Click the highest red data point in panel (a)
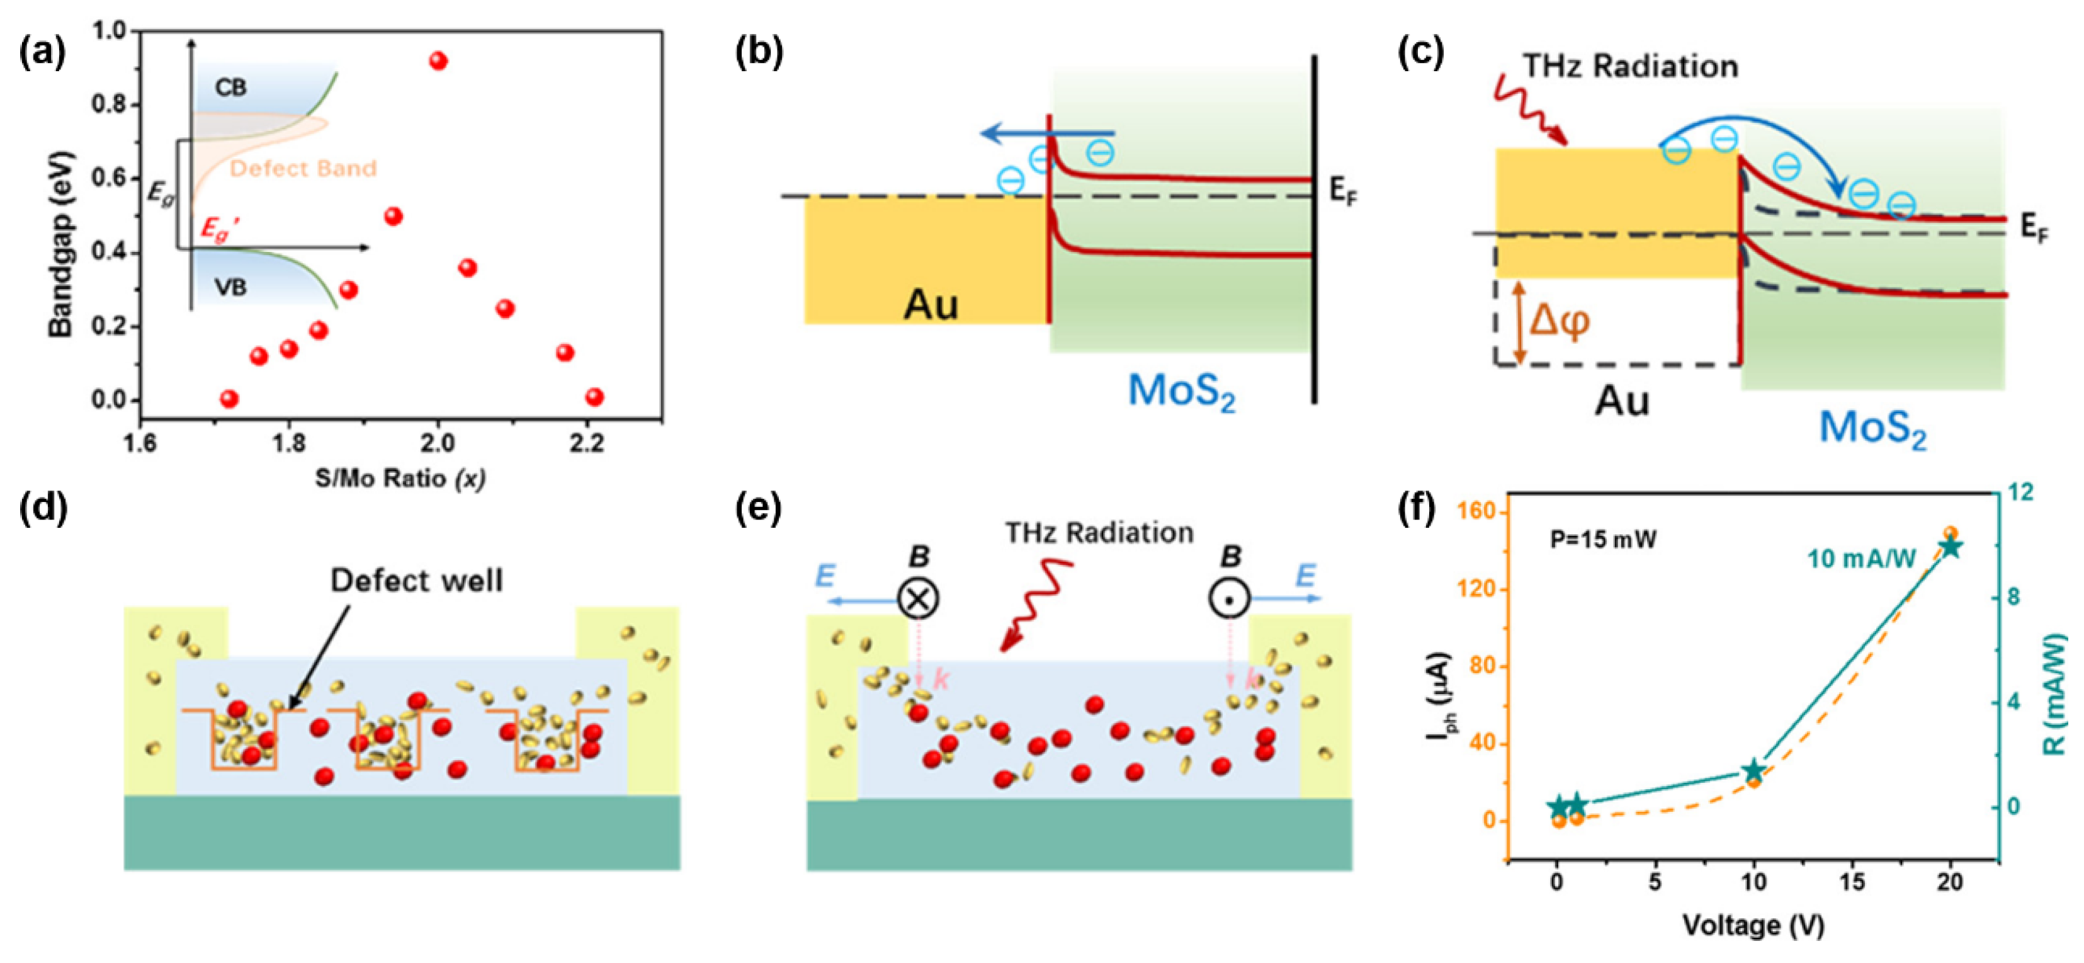pos(438,60)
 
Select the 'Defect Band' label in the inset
pos(303,168)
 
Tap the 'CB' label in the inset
pos(230,88)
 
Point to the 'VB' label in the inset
pos(230,287)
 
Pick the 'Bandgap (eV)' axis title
pos(60,242)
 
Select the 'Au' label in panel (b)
pos(931,305)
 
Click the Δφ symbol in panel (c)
pos(1558,321)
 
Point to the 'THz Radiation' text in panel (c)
pos(1630,66)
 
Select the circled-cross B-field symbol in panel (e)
pos(918,599)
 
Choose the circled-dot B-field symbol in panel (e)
pos(1229,599)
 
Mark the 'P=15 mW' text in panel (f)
pos(1602,539)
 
